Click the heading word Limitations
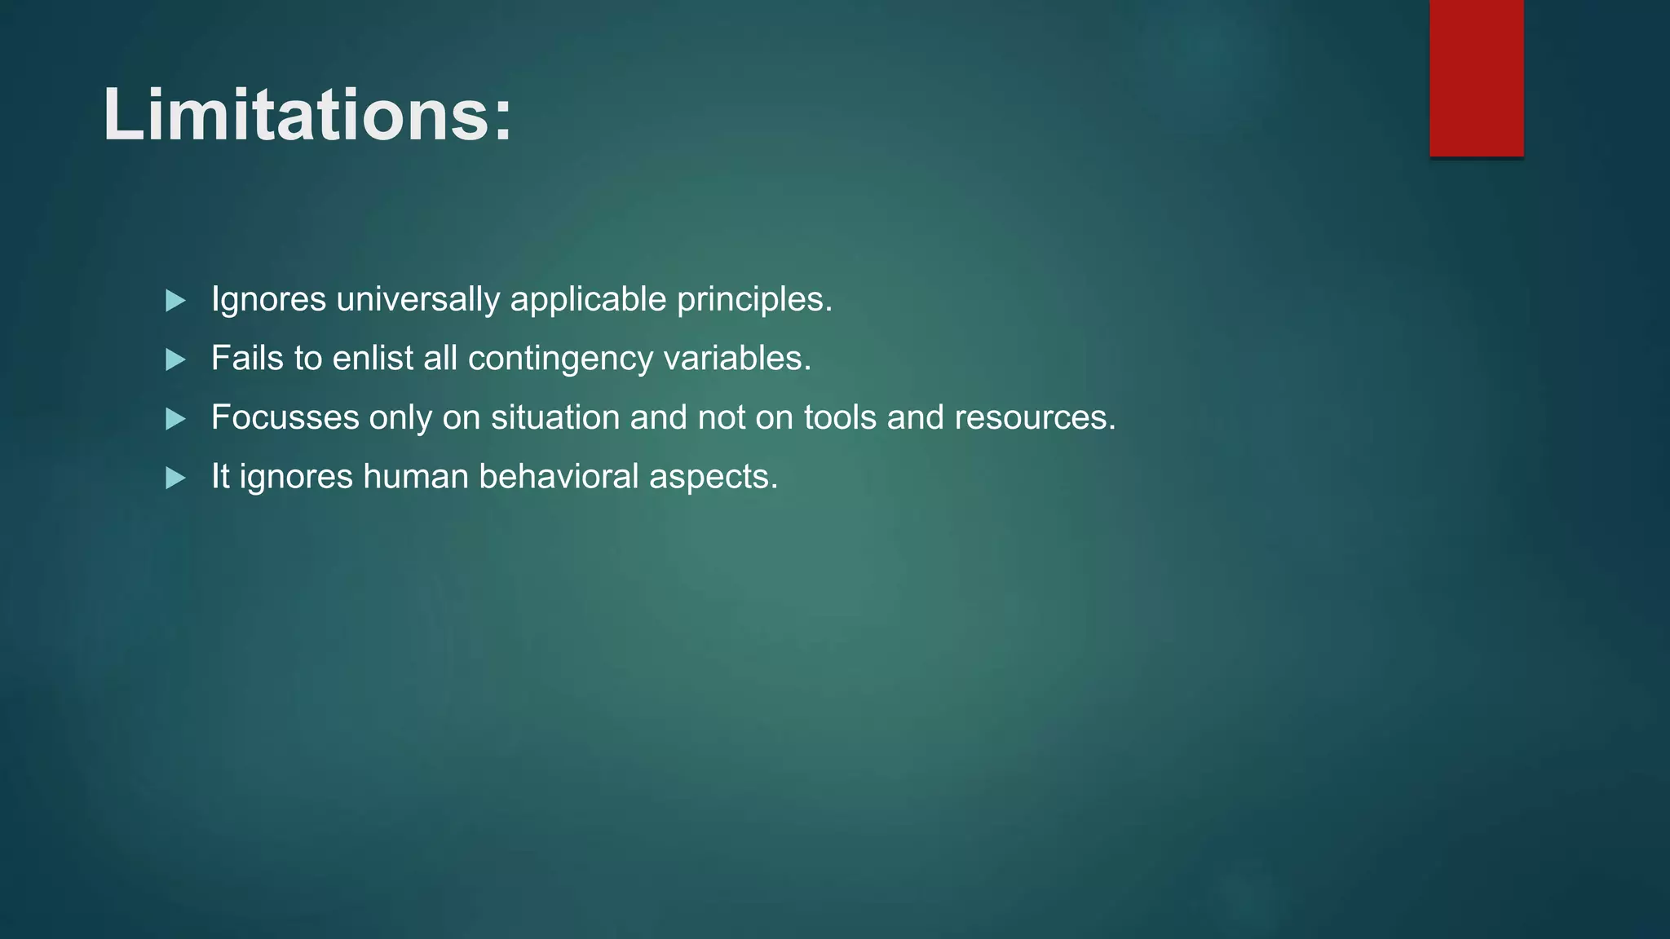pos(294,116)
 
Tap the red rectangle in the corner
pos(1476,78)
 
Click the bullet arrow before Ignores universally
pos(175,301)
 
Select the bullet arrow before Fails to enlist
pos(175,359)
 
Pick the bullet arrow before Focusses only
pos(175,419)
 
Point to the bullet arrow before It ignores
pos(175,478)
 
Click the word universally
pos(417,300)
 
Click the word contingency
pos(560,359)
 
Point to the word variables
pos(732,359)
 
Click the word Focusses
pos(285,417)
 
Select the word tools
pos(840,417)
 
